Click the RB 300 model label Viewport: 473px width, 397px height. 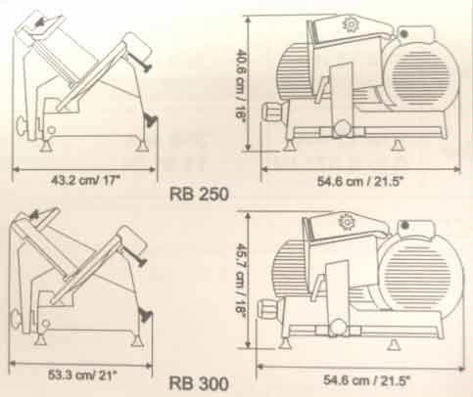[x=213, y=383]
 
